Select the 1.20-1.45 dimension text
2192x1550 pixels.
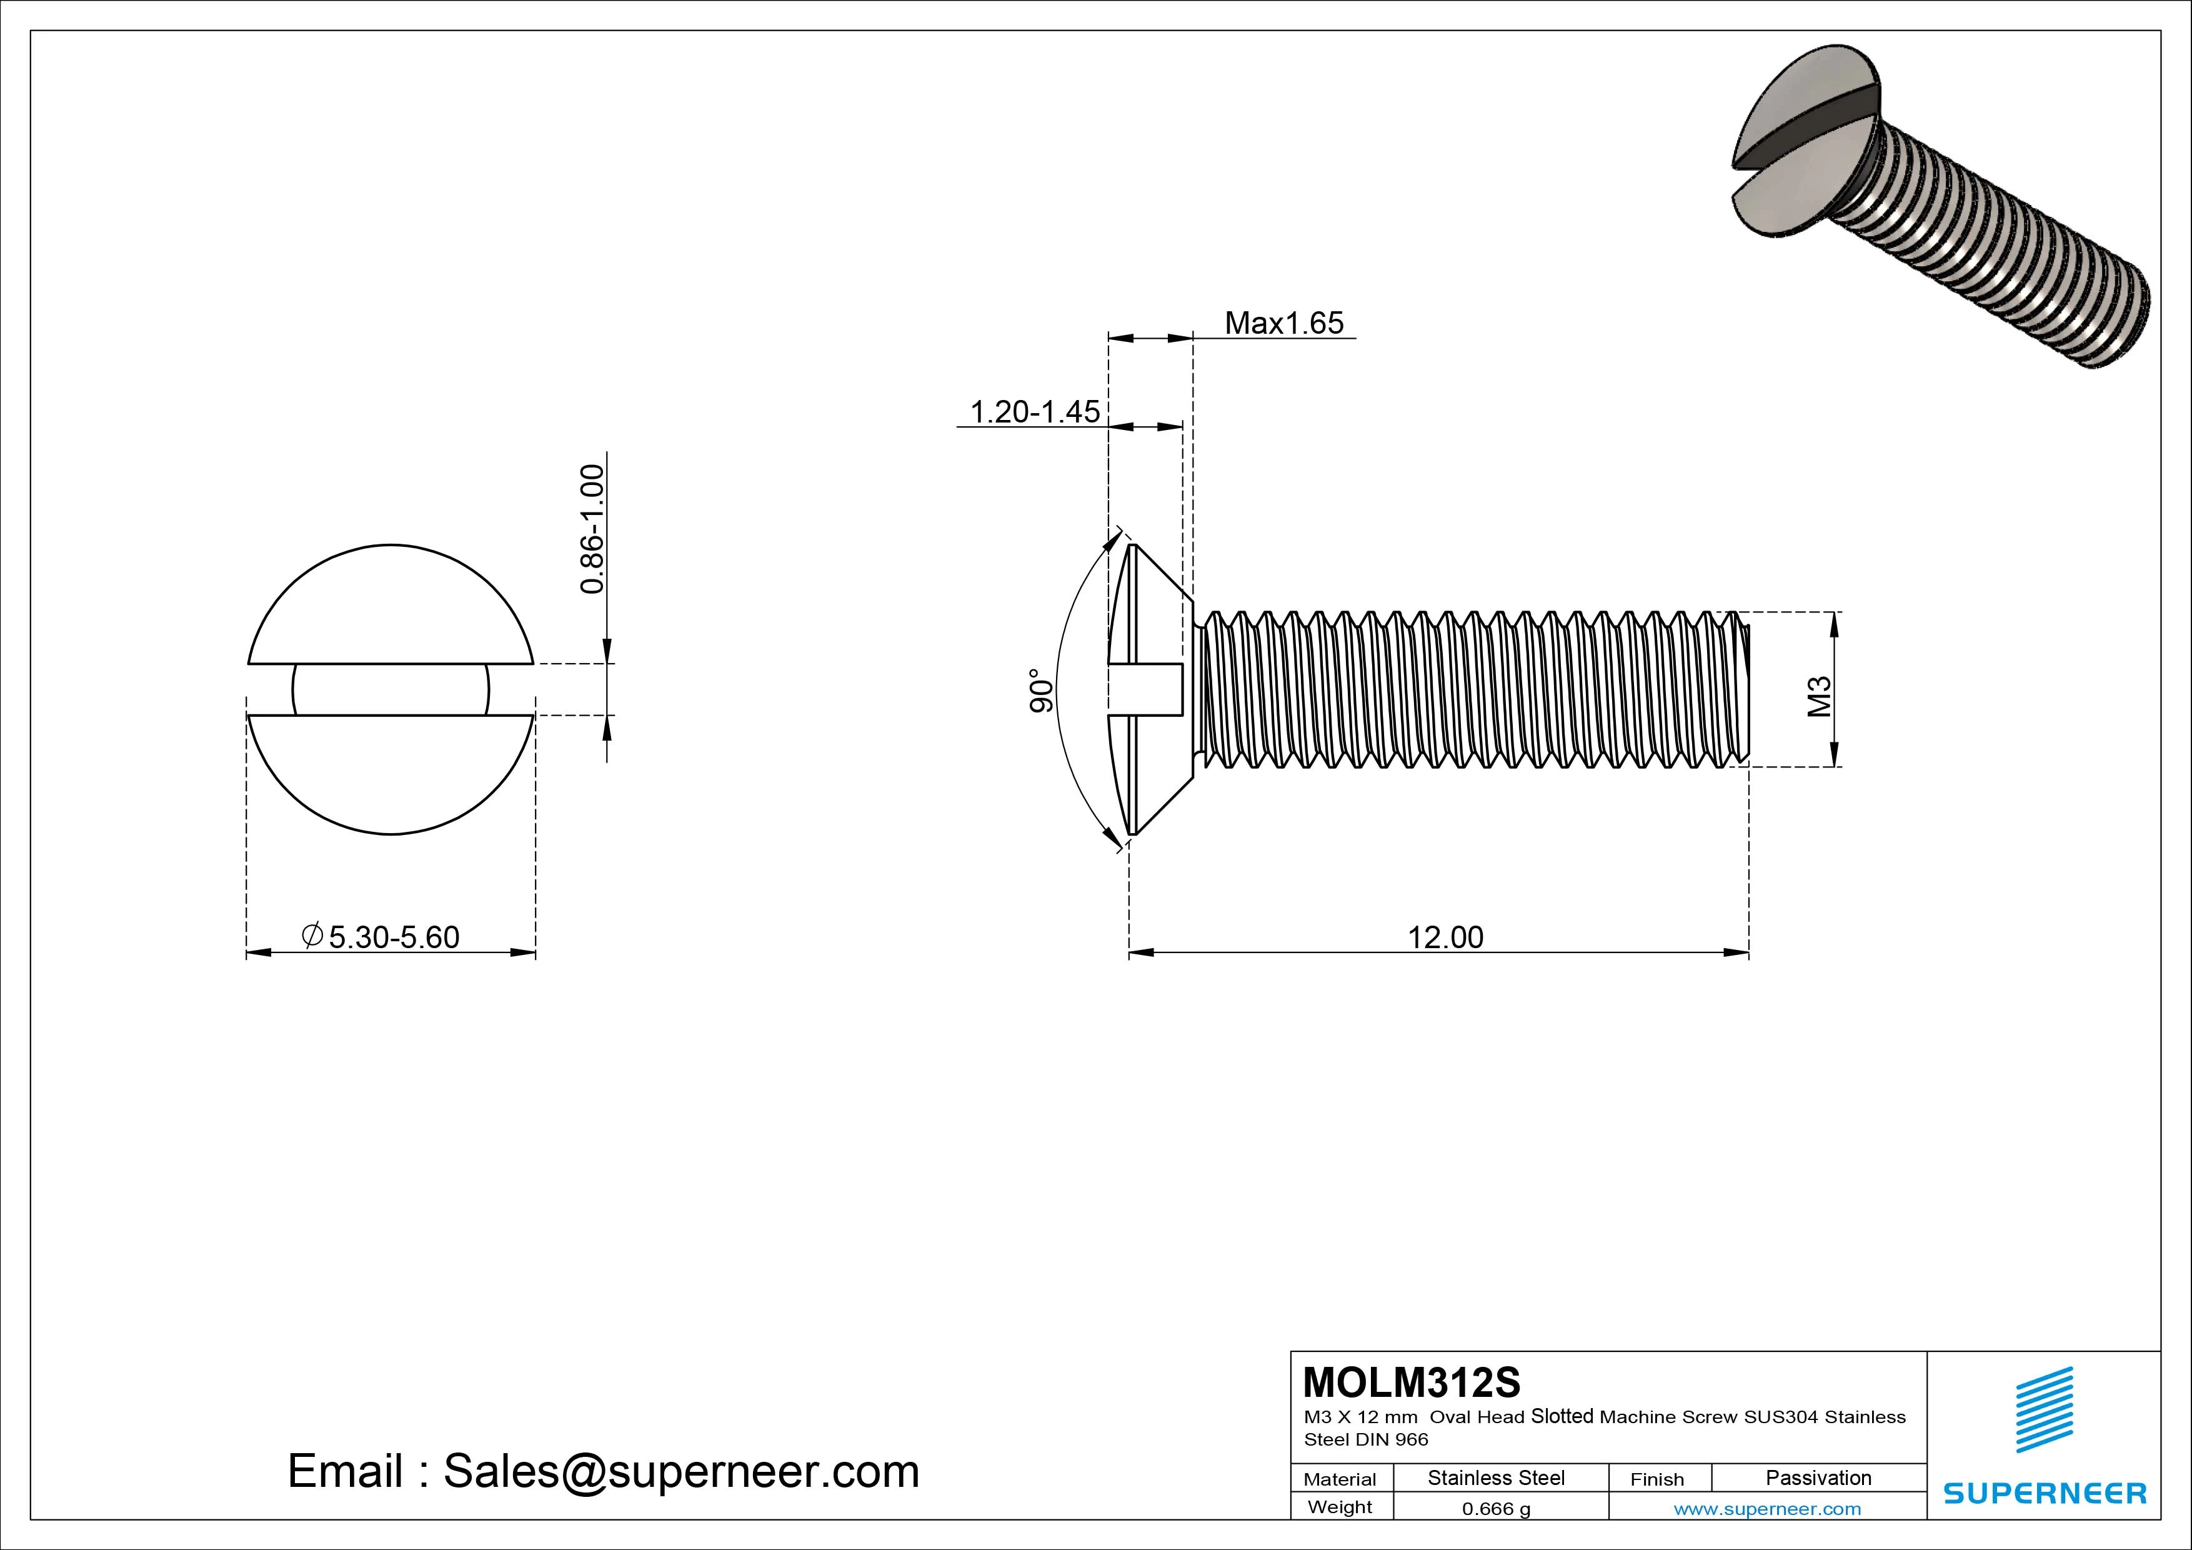1035,412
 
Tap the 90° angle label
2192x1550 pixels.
1042,691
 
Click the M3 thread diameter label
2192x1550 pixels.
1820,696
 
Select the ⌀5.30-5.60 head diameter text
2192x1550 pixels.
381,937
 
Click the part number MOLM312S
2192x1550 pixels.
1411,1382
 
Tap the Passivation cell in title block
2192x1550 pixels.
1818,1477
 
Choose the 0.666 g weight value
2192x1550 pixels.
1496,1509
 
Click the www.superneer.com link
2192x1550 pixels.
1767,1509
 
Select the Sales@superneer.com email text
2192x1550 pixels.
680,1472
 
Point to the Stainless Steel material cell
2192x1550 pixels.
1496,1477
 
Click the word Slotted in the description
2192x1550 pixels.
1562,1416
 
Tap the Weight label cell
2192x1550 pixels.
1340,1507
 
